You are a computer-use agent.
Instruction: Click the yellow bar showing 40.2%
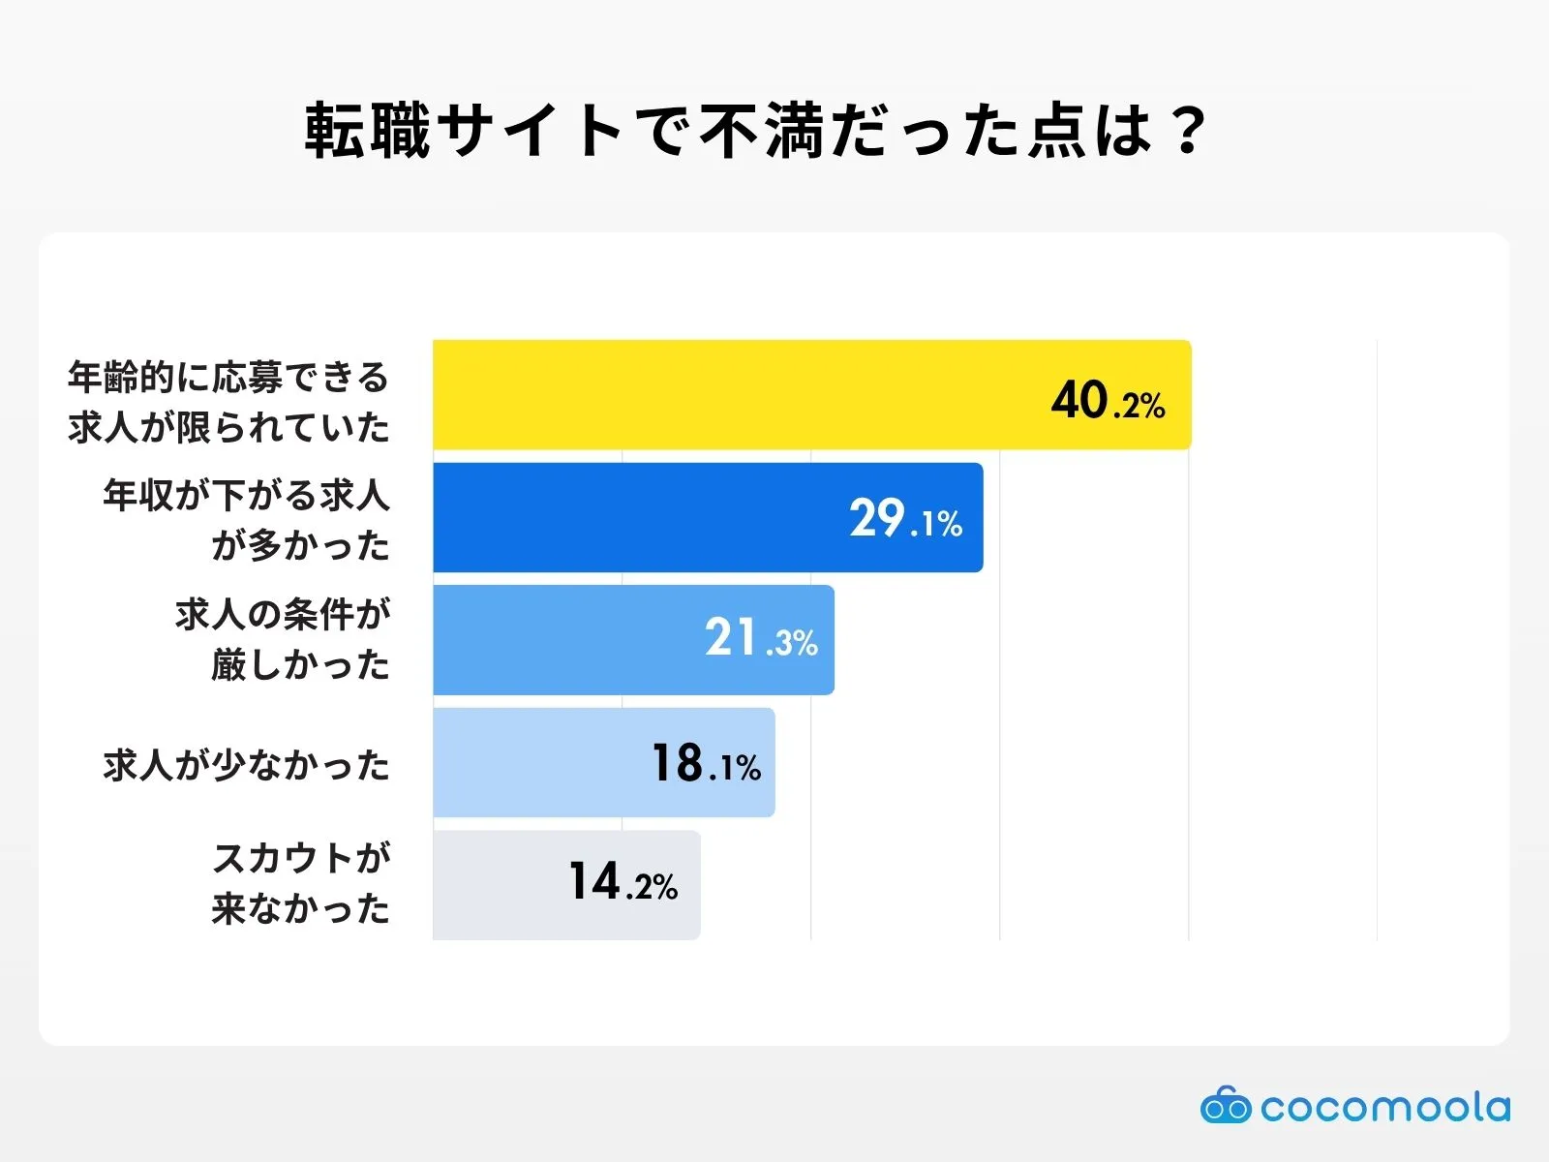click(736, 395)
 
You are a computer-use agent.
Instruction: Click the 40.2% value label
click(1108, 401)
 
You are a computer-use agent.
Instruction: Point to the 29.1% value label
click(905, 520)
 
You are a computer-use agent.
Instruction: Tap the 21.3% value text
click(761, 639)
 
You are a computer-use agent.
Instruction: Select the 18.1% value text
click(706, 764)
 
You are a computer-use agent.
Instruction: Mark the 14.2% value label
click(623, 883)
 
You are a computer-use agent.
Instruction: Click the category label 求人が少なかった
click(246, 765)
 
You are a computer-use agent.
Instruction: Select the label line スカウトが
click(301, 858)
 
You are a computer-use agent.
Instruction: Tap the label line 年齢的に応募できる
click(228, 377)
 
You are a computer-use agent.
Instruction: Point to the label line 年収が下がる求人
click(246, 496)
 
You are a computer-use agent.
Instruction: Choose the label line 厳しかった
click(301, 664)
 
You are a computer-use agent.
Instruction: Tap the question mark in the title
click(1186, 131)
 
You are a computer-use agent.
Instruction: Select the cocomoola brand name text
click(1384, 1107)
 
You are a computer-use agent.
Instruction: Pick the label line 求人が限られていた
click(228, 427)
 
